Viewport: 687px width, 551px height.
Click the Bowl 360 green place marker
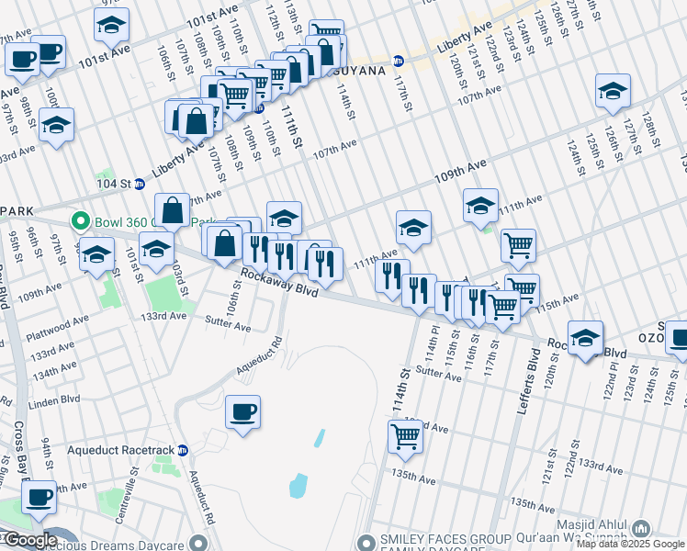(80, 221)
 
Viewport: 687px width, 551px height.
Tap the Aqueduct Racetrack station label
(123, 451)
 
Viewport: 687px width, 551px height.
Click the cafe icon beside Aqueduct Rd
(242, 412)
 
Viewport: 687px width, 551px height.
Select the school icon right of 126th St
(613, 91)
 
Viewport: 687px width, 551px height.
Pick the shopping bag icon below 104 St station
(173, 211)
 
